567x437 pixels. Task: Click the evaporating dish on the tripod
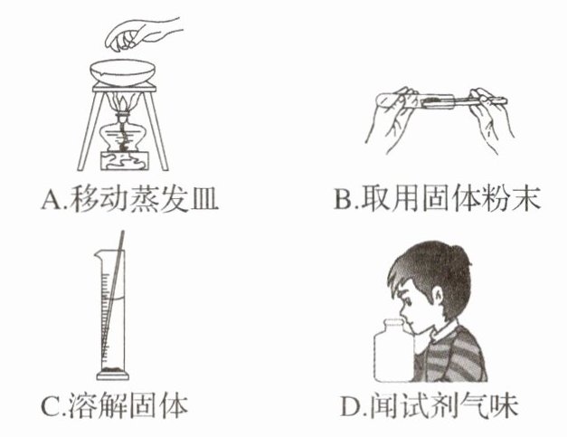coord(123,72)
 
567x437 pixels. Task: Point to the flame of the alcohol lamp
coord(123,102)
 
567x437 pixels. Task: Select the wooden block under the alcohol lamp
coord(125,161)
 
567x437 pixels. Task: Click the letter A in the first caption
coord(51,199)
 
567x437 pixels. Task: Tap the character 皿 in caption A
coord(204,199)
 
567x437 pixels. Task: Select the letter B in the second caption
coord(343,199)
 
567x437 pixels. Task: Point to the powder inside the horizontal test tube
coord(433,100)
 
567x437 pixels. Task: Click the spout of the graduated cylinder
coord(98,255)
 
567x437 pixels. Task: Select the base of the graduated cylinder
coord(112,376)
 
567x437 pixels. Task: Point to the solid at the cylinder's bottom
coord(112,370)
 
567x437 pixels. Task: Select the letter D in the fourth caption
coord(350,405)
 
